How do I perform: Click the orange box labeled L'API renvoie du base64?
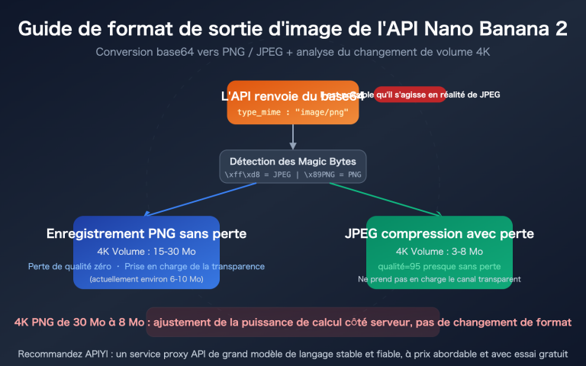(x=293, y=102)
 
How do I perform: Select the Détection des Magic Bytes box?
(x=293, y=167)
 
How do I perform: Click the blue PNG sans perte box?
(x=146, y=252)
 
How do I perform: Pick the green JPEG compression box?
(x=439, y=252)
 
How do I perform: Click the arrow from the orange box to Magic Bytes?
(x=293, y=136)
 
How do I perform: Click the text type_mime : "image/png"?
(x=293, y=112)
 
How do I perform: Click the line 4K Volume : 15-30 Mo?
(x=146, y=252)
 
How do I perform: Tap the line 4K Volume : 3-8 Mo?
(x=439, y=252)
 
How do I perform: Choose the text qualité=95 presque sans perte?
(x=439, y=267)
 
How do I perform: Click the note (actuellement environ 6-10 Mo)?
(x=146, y=280)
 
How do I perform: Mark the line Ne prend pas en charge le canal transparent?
(x=439, y=279)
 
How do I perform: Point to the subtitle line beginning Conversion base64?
(x=293, y=53)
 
